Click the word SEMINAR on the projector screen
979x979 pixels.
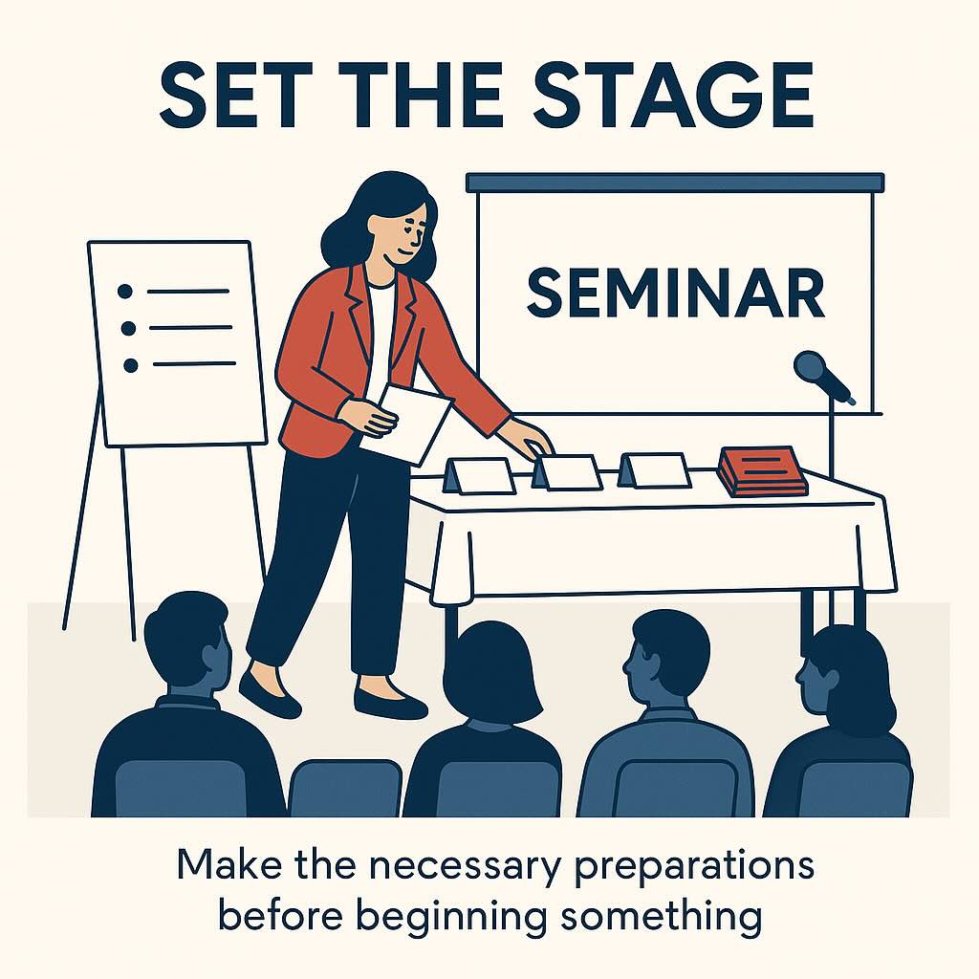(676, 293)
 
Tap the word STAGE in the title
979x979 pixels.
(673, 95)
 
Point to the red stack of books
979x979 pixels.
(762, 471)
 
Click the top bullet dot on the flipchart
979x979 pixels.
(125, 292)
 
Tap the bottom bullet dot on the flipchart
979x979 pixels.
(130, 366)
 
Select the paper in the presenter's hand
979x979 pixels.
(405, 424)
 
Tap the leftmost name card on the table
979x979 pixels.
(480, 476)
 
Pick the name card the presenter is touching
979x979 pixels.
(567, 472)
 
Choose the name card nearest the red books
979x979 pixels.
(655, 470)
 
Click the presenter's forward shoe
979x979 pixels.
(270, 694)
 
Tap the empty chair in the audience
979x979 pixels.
(345, 788)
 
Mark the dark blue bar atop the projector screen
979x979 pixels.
(675, 183)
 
